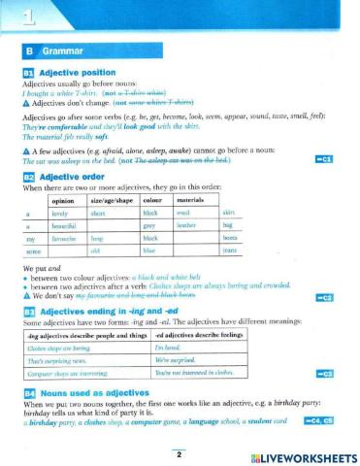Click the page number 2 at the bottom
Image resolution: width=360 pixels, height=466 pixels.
[179, 453]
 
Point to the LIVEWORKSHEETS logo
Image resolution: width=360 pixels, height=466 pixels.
[302, 456]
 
